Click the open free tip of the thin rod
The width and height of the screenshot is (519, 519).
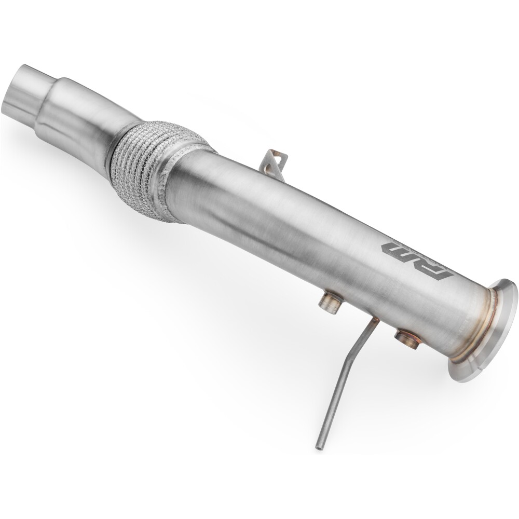(x=317, y=446)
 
